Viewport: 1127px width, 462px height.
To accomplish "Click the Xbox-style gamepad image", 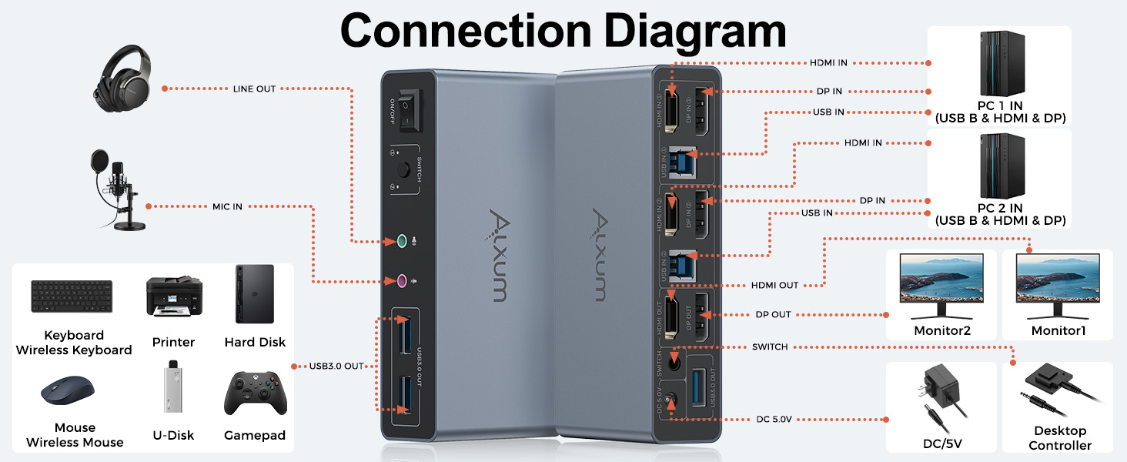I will point(256,393).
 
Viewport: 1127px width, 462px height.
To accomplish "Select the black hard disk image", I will point(255,294).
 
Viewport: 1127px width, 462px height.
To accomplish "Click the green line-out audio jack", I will point(400,242).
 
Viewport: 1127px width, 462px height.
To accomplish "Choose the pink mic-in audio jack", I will point(400,282).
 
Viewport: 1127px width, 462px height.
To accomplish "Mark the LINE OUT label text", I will point(254,89).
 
